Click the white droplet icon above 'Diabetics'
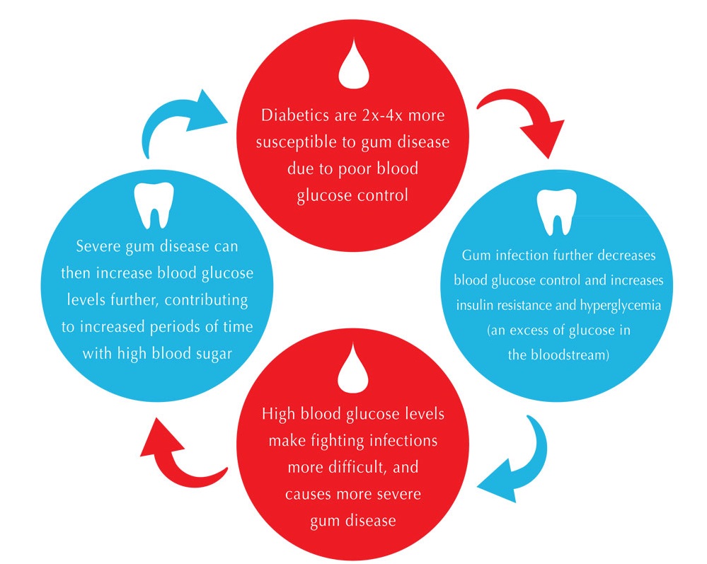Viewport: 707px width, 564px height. tap(354, 65)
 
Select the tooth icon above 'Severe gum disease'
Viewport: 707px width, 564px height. tap(154, 205)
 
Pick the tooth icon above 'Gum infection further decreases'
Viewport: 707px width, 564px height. tap(557, 212)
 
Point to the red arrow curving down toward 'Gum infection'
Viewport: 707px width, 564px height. tap(527, 113)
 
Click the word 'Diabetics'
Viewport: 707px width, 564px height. tap(295, 115)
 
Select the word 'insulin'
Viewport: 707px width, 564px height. tap(472, 305)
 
